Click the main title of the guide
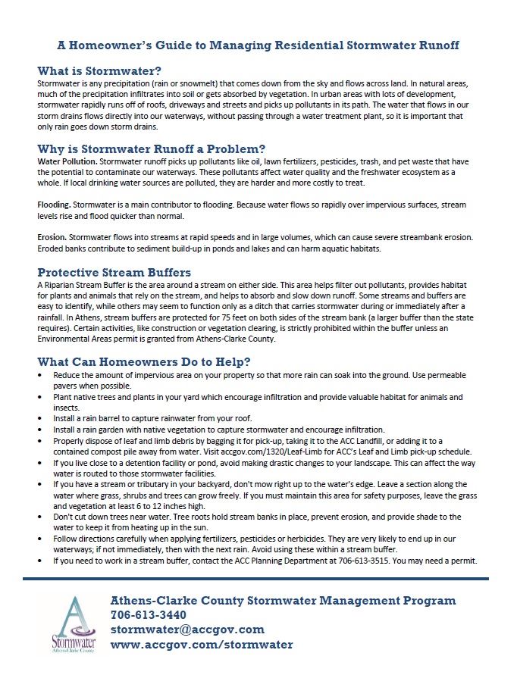[258, 45]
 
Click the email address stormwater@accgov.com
[187, 630]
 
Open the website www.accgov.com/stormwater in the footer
[202, 645]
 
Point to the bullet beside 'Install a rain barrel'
[40, 418]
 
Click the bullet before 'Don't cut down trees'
[40, 516]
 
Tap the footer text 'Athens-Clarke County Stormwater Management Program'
[284, 600]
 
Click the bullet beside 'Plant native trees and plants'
[40, 397]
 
